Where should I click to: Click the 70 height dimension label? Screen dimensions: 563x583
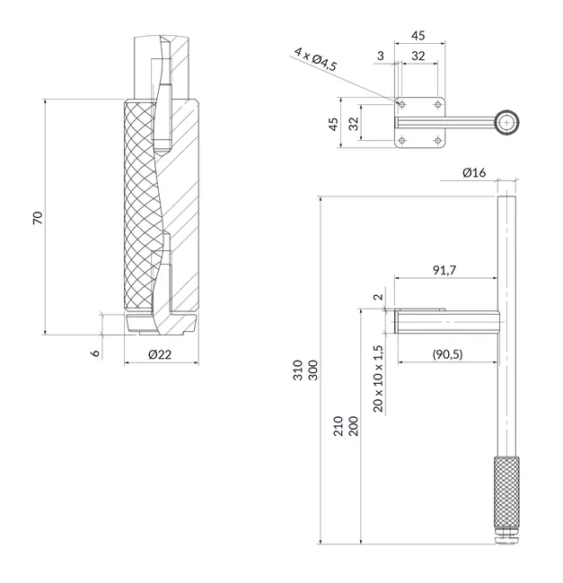[x=38, y=218]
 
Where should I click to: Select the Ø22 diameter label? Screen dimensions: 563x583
[x=160, y=354]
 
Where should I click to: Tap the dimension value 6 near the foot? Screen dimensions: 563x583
[x=96, y=352]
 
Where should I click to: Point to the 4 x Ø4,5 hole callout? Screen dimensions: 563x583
[x=315, y=59]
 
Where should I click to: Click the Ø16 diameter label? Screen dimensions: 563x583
[x=474, y=172]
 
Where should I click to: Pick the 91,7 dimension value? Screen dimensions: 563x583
[x=444, y=270]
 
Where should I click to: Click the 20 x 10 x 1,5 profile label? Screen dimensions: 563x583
[x=378, y=379]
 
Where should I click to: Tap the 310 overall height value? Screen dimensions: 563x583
[x=298, y=370]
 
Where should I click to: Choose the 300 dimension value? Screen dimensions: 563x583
[x=313, y=370]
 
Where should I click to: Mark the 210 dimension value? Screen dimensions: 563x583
[x=338, y=426]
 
